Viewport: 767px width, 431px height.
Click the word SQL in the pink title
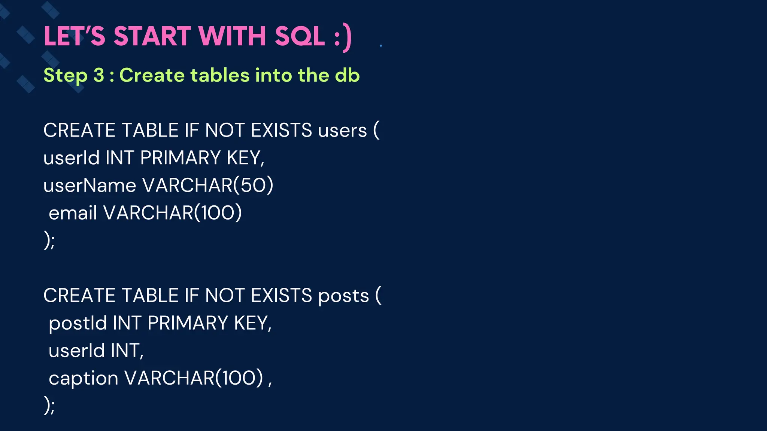tap(300, 36)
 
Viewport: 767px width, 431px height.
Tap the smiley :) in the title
tap(343, 37)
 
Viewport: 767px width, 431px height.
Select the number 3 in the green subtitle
tap(98, 75)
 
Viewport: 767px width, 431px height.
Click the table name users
tap(342, 131)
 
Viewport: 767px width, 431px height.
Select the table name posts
tap(343, 296)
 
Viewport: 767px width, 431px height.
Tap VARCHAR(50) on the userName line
tap(208, 186)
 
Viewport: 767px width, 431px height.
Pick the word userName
tap(90, 186)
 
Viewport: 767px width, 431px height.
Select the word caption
tap(84, 378)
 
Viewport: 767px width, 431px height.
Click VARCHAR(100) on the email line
tap(173, 213)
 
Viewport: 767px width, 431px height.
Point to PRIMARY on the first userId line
tap(180, 158)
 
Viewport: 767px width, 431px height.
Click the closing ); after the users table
tap(49, 241)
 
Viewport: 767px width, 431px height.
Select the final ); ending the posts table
tap(49, 406)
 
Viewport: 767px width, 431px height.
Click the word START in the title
tap(152, 36)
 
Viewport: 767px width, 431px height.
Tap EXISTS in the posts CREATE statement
tap(281, 296)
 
